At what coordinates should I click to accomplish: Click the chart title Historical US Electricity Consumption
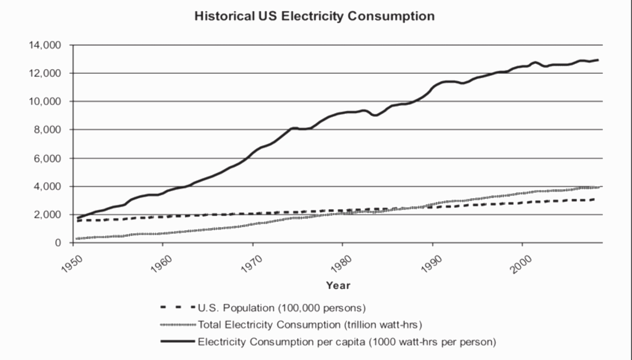tap(314, 16)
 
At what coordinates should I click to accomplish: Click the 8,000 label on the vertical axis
tap(46, 130)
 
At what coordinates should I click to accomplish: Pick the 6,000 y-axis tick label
tap(46, 158)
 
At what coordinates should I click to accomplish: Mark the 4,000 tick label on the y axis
tap(46, 187)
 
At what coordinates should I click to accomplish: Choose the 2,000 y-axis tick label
tap(46, 215)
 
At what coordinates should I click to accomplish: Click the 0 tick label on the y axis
tap(58, 243)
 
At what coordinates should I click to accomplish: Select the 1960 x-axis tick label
tap(161, 256)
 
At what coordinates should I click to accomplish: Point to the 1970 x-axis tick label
tap(251, 256)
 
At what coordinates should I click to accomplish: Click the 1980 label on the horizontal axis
tap(341, 256)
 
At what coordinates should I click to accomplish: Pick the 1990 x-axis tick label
tap(431, 256)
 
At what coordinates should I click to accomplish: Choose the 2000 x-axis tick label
tap(521, 256)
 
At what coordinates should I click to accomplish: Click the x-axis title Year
tap(338, 285)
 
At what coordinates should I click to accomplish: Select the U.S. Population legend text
tap(282, 308)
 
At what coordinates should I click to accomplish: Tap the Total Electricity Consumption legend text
tap(310, 325)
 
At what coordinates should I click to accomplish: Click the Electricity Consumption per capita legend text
tap(347, 342)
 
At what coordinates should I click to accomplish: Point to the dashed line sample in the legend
tap(178, 307)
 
